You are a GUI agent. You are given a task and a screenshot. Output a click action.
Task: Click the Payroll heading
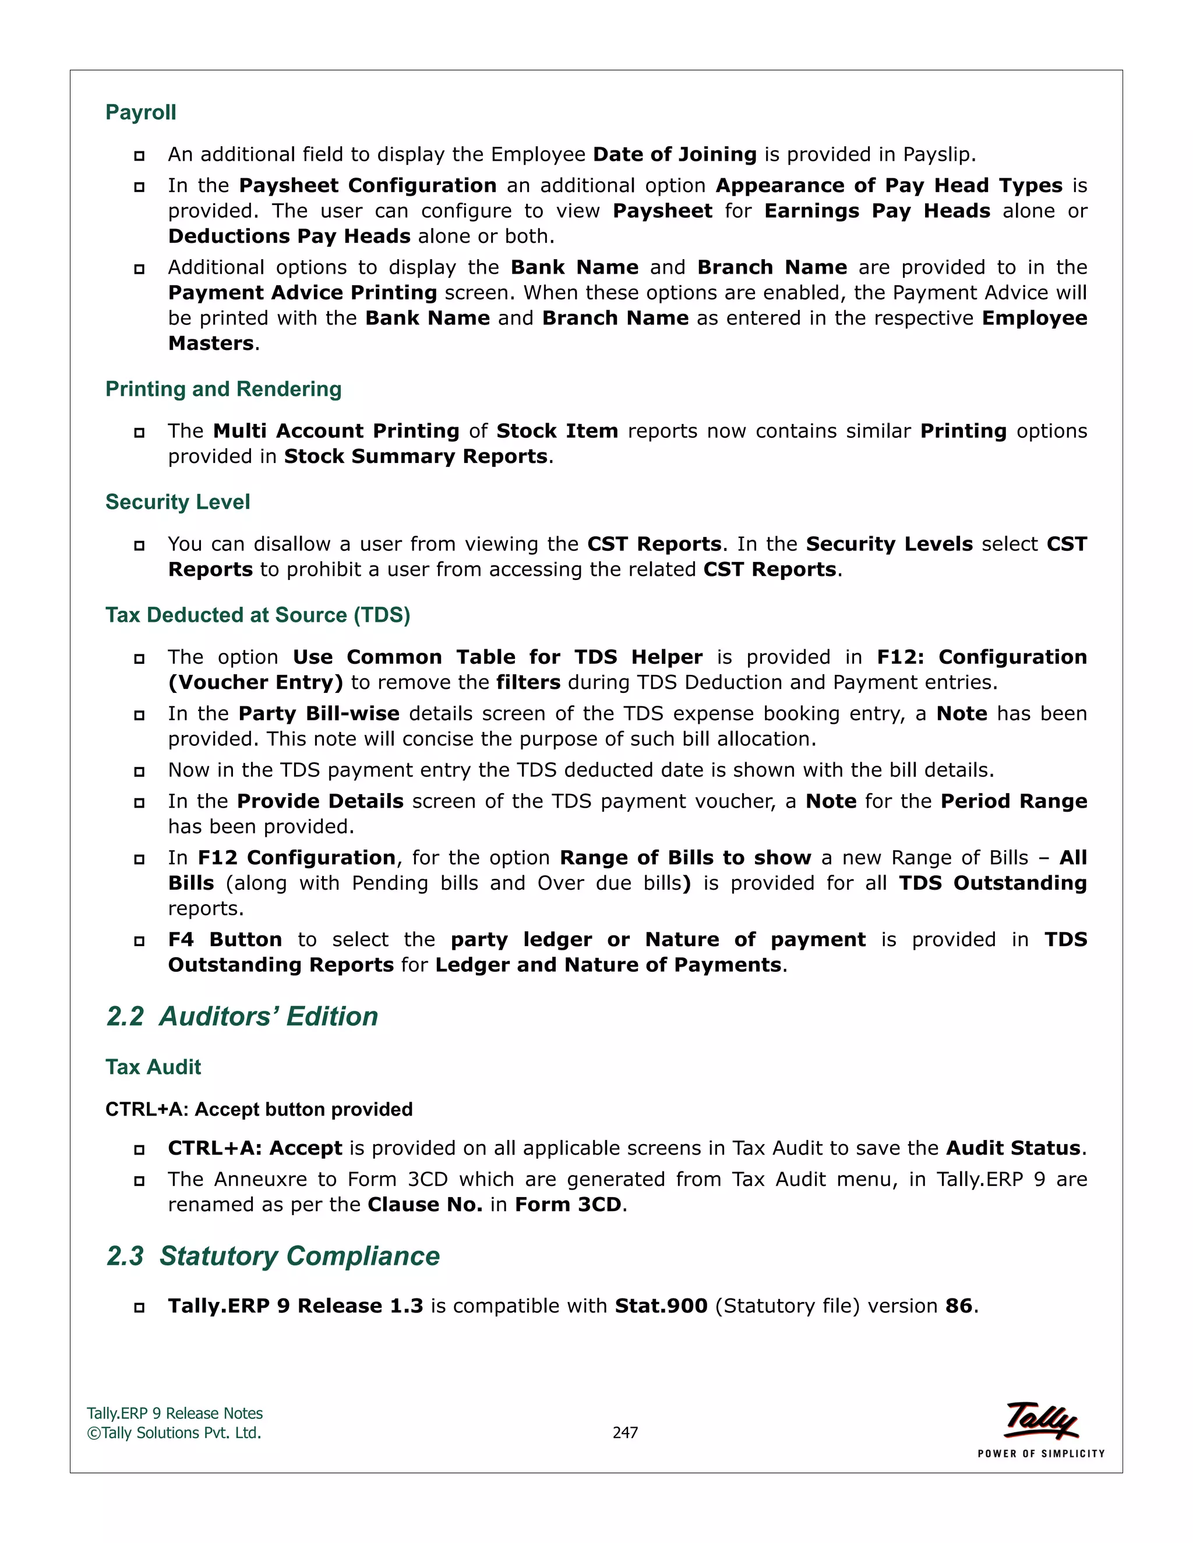[x=140, y=112]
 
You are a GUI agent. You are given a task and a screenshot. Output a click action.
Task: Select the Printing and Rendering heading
[x=223, y=390]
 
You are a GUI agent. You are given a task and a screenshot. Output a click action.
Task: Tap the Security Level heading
[x=178, y=502]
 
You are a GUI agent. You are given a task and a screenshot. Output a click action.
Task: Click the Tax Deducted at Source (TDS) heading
[x=258, y=615]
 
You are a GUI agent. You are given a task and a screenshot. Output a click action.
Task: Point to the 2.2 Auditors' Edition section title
[x=242, y=1017]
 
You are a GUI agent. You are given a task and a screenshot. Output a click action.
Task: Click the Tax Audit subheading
[x=153, y=1067]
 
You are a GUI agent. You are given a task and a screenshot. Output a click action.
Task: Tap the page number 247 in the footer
[x=625, y=1433]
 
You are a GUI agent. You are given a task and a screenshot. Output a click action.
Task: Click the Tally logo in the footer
[x=1042, y=1421]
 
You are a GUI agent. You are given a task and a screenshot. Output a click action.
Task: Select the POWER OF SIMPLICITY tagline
[x=1041, y=1454]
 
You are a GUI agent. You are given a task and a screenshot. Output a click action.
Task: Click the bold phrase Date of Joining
[x=675, y=155]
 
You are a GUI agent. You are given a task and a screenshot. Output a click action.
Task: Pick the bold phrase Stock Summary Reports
[x=415, y=457]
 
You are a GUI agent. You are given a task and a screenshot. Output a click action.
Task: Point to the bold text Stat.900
[x=661, y=1307]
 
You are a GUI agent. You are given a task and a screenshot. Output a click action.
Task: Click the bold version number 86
[x=959, y=1307]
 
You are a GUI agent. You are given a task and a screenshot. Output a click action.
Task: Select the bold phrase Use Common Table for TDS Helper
[x=497, y=658]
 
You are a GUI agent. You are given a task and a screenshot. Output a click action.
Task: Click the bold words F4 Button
[x=225, y=940]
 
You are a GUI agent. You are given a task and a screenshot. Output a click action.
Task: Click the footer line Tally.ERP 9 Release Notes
[x=175, y=1414]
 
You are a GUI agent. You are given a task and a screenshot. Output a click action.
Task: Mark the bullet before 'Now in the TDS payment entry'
[x=139, y=771]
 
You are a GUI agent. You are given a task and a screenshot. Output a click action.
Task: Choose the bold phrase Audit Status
[x=1014, y=1149]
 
